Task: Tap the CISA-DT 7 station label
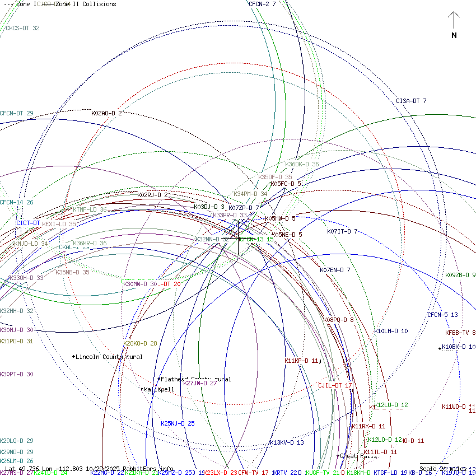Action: click(411, 101)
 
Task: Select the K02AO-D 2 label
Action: click(106, 113)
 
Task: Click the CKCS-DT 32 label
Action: click(22, 28)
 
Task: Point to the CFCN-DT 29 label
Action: click(17, 113)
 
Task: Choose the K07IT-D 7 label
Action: click(342, 231)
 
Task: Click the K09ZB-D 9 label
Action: click(460, 275)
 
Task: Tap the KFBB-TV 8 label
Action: click(460, 333)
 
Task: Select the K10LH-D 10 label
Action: click(391, 331)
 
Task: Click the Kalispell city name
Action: click(159, 389)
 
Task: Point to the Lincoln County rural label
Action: click(109, 357)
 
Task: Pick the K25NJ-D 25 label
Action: click(178, 423)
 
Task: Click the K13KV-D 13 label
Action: click(287, 442)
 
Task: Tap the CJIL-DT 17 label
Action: click(335, 385)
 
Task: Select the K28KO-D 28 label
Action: click(140, 343)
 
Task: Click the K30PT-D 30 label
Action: click(17, 374)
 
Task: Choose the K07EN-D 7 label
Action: click(335, 270)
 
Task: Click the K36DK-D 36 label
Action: click(302, 164)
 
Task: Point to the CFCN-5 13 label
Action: click(442, 315)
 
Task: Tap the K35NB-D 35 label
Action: click(72, 272)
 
